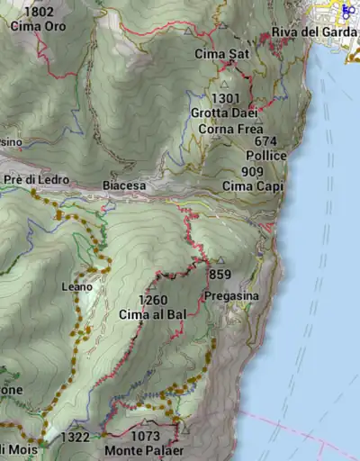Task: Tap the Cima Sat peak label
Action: point(221,54)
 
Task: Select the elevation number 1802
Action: point(39,12)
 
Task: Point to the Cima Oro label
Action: point(39,26)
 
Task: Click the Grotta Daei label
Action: point(224,113)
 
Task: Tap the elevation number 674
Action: point(265,141)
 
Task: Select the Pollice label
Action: point(265,156)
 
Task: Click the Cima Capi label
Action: point(253,186)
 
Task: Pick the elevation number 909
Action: point(253,171)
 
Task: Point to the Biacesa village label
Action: point(124,185)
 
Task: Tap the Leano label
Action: point(76,286)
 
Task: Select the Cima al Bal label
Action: point(152,315)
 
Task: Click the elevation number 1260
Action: point(153,301)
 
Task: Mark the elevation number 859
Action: point(220,275)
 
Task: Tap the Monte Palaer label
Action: point(144,450)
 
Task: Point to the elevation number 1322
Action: point(75,438)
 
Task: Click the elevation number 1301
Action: point(226,98)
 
